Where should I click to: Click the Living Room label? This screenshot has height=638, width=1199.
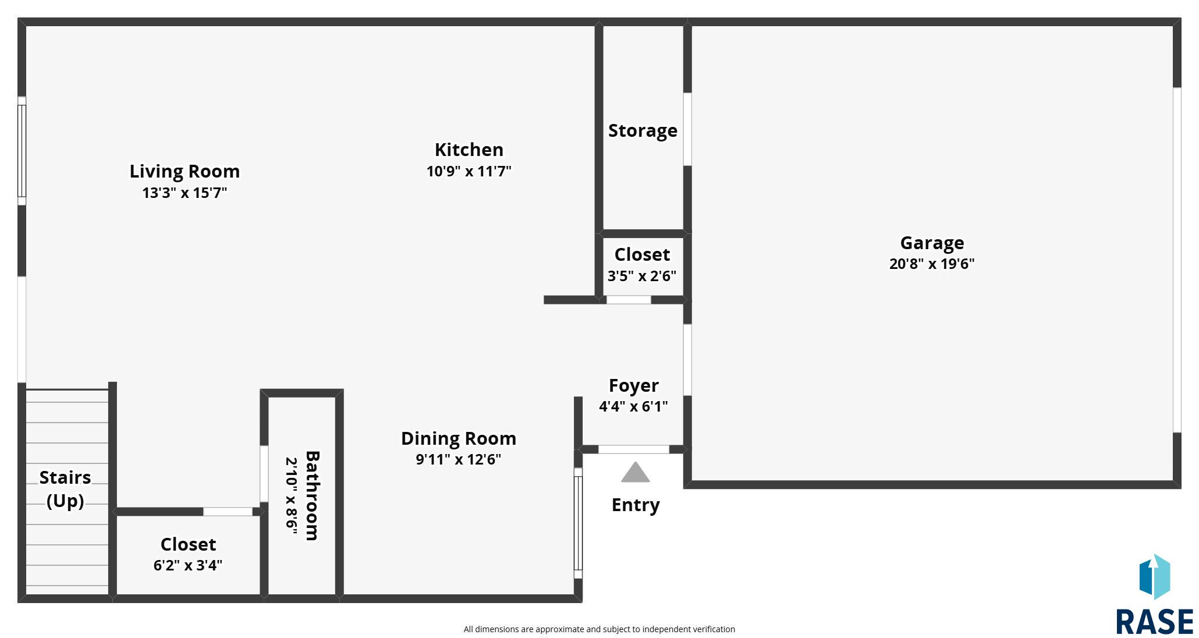[x=185, y=171]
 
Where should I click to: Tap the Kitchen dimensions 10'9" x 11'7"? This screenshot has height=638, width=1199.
[x=469, y=171]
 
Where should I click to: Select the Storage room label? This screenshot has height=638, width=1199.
[x=643, y=130]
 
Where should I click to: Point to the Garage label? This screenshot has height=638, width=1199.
[x=932, y=243]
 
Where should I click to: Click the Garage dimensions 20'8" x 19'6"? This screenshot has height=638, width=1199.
[x=932, y=264]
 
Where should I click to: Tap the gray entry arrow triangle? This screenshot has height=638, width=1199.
[x=635, y=472]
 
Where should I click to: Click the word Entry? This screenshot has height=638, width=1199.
[x=636, y=505]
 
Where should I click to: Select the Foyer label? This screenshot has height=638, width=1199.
[x=634, y=385]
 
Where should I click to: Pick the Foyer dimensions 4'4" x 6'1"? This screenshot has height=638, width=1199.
[x=633, y=406]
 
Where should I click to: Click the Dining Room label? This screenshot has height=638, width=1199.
[x=459, y=438]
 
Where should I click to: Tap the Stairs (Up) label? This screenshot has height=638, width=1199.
[x=65, y=489]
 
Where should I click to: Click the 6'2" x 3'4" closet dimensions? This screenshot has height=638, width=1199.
[x=188, y=565]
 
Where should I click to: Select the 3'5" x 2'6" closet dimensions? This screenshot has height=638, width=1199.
[x=642, y=276]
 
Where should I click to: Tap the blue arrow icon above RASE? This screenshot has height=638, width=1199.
[x=1154, y=576]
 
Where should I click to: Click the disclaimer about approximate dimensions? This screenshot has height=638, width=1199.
[x=599, y=629]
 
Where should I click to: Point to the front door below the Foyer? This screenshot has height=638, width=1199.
[x=634, y=449]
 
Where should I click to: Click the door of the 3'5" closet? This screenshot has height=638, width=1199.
[x=629, y=300]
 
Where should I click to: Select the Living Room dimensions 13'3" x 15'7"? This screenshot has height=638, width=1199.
[x=185, y=193]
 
